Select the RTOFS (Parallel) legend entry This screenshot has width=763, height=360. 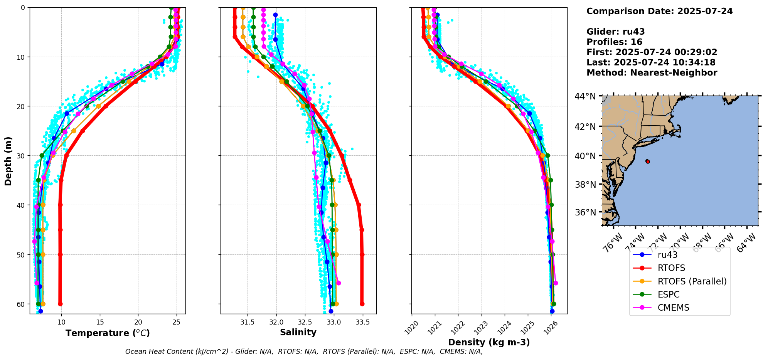[x=692, y=281]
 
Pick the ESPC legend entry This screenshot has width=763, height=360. [x=669, y=294]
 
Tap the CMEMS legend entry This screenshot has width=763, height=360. [x=673, y=308]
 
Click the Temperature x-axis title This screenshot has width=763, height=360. [x=108, y=333]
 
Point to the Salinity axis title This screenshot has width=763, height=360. [x=298, y=332]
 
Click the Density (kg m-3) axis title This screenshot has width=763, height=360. [x=489, y=342]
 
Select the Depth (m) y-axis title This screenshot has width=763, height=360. [x=8, y=161]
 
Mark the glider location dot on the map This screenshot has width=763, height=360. [x=647, y=161]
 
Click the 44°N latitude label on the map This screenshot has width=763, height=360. [x=586, y=96]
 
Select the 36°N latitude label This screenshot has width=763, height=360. [x=586, y=212]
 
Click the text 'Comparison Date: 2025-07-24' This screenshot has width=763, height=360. [x=659, y=11]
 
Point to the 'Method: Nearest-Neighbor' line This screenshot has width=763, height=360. [x=652, y=73]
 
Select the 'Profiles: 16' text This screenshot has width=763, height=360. [x=614, y=42]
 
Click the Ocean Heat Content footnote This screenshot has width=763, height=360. [x=304, y=352]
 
